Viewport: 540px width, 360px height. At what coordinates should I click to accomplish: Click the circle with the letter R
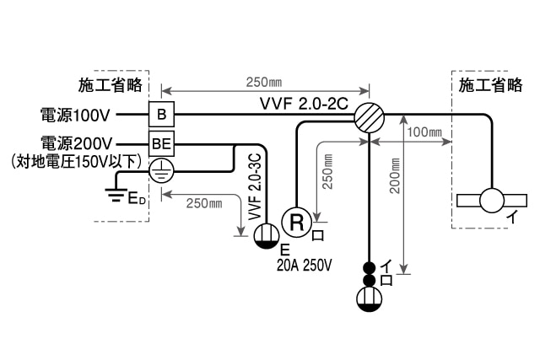(x=296, y=222)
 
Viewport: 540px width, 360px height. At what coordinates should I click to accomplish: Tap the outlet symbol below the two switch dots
(x=369, y=299)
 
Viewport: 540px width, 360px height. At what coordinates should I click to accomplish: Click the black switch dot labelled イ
(x=369, y=267)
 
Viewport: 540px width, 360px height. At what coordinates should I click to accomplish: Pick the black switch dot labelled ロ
(x=369, y=280)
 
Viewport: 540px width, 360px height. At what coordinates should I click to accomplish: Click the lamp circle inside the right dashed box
(x=491, y=201)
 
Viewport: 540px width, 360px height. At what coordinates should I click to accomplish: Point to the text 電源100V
(x=77, y=114)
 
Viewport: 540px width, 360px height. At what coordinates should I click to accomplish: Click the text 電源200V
(x=77, y=142)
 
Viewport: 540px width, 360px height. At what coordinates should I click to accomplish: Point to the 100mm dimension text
(x=424, y=132)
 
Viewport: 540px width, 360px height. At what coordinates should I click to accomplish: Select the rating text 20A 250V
(x=305, y=266)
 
